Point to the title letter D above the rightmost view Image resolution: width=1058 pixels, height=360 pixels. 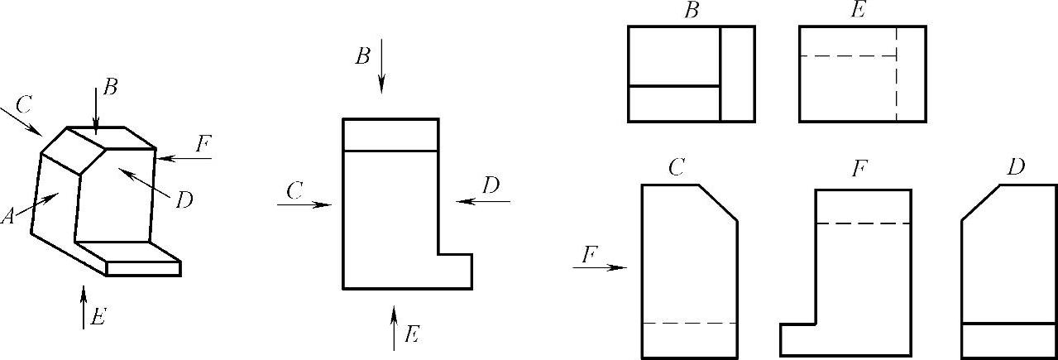point(1016,167)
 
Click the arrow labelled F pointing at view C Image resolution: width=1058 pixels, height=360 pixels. point(601,267)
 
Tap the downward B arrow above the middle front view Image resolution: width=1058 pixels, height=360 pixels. point(381,66)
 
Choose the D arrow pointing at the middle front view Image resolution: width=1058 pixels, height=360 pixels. point(483,200)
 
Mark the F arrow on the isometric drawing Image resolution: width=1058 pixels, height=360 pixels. point(184,157)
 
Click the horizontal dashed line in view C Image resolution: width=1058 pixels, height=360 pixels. point(689,322)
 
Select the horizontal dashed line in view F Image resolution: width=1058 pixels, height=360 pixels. point(863,223)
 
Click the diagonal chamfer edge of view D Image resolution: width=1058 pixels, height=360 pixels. point(982,203)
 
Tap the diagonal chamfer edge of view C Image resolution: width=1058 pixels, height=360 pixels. point(718,203)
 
